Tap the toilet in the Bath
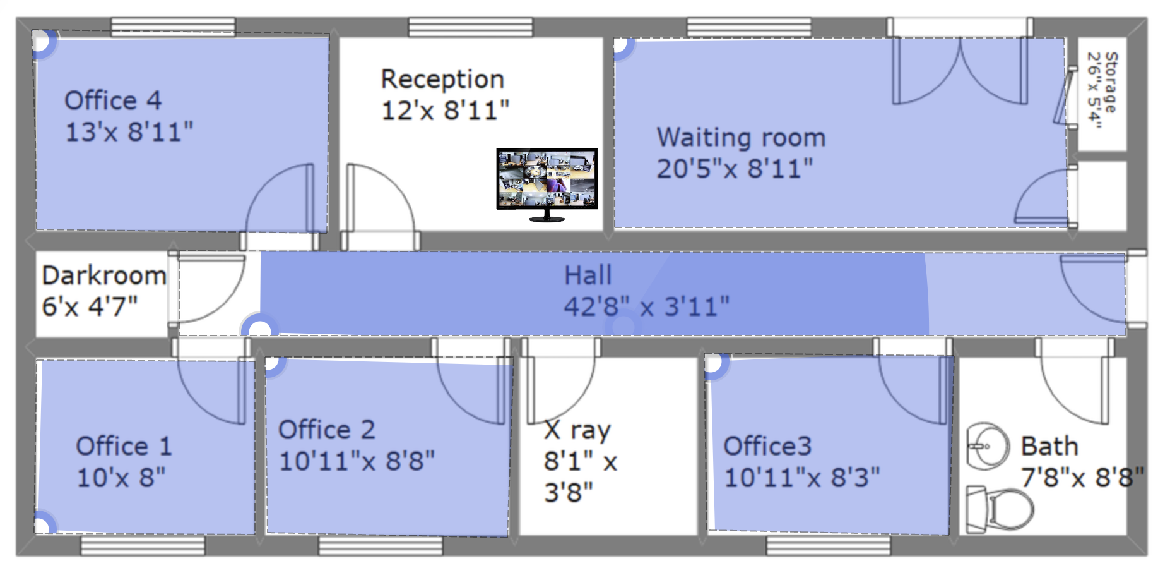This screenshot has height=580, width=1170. pos(1000,509)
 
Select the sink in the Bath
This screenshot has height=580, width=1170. pos(988,447)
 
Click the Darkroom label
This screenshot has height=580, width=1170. pos(104,275)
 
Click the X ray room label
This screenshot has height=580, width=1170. pos(577,430)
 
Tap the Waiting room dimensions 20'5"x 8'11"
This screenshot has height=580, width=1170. pos(735,169)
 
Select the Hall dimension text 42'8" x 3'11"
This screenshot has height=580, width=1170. pos(646,307)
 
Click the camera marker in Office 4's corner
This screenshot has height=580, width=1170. pos(42,42)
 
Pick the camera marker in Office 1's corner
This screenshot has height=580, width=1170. pos(43,524)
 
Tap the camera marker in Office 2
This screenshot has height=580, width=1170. pos(273,363)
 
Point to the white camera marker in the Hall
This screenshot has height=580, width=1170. pos(259,329)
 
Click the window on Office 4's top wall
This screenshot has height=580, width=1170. pos(173,27)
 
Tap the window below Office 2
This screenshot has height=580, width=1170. pos(381,546)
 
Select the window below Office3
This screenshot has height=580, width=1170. pos(828,546)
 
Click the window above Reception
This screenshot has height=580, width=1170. pos(470,27)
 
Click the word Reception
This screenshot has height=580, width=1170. pos(442,80)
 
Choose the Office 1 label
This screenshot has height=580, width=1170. pos(124,447)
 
